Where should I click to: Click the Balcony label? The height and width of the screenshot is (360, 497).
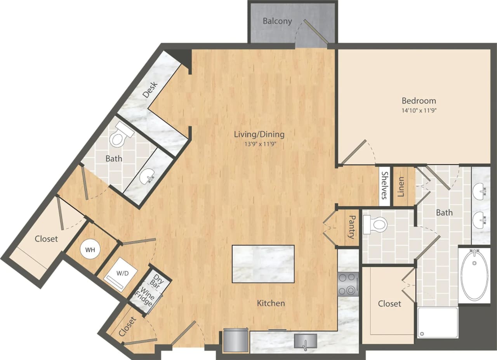(x=277, y=21)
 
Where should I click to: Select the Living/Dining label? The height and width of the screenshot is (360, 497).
(x=259, y=135)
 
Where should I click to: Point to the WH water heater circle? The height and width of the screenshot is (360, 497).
(x=90, y=250)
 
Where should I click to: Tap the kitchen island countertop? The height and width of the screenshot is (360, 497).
(x=263, y=264)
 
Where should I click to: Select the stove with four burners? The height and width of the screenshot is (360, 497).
(x=348, y=284)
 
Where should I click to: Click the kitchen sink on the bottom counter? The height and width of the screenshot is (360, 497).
(x=305, y=341)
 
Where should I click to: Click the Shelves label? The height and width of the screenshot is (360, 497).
(x=384, y=185)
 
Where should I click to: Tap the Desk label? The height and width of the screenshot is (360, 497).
(x=150, y=90)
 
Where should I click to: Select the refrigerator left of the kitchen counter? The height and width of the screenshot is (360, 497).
(x=236, y=340)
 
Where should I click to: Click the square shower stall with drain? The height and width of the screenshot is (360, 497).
(x=438, y=322)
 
